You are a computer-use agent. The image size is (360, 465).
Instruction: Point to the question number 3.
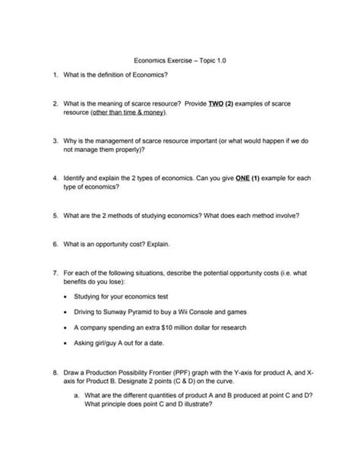[x=56, y=141]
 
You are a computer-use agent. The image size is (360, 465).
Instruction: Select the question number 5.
[x=56, y=216]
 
